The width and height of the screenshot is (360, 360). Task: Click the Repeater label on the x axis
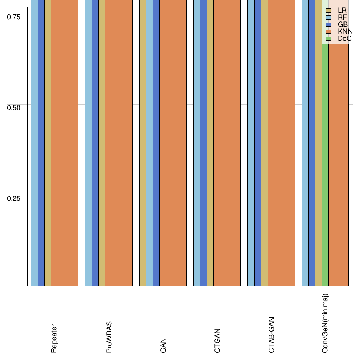[x=54, y=339]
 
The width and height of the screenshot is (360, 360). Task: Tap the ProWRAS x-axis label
[x=109, y=337]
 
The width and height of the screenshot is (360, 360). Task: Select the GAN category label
[x=163, y=345]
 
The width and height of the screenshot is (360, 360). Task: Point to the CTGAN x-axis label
[x=217, y=341]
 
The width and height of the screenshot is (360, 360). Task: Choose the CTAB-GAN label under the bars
[x=271, y=335]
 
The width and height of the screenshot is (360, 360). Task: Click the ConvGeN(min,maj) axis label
[x=325, y=323]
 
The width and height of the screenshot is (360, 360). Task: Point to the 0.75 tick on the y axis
[x=14, y=17]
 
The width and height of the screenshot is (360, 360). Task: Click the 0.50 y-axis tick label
[x=14, y=107]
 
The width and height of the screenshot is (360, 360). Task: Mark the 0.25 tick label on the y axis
[x=14, y=198]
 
